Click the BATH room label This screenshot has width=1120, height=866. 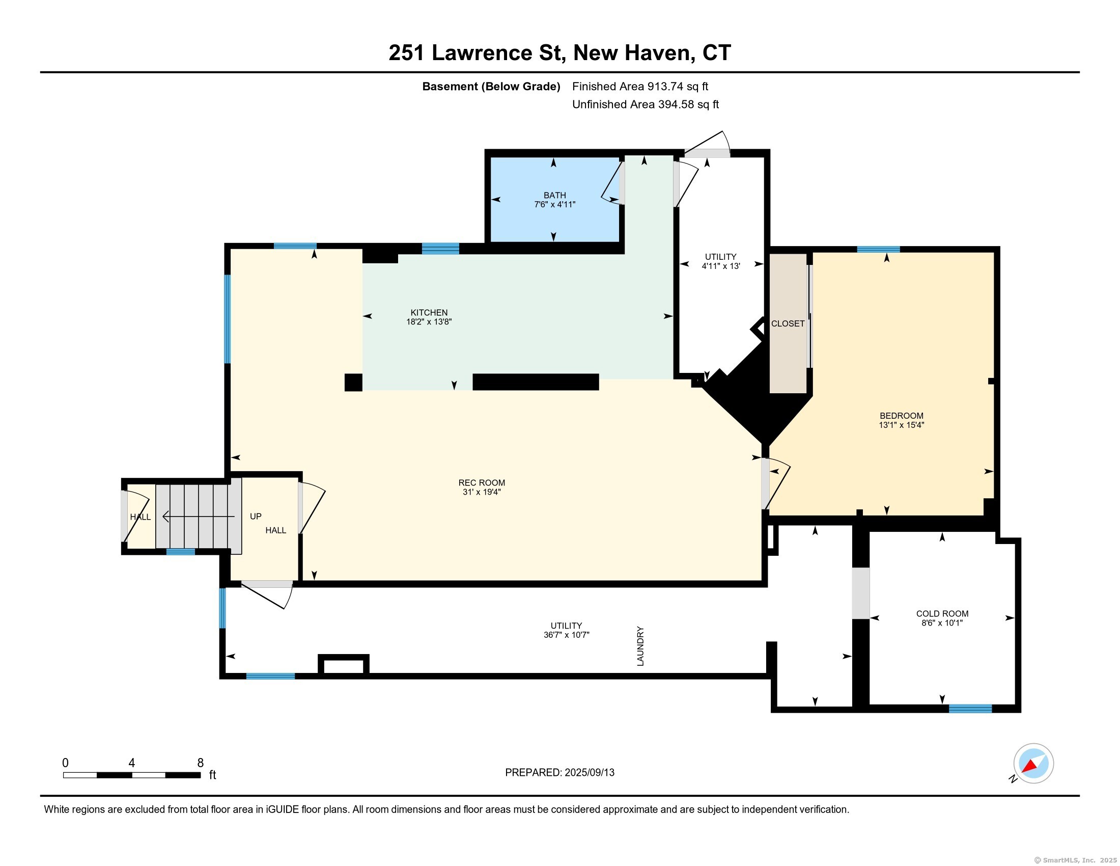pos(555,196)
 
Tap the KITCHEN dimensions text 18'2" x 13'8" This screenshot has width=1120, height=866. pos(429,322)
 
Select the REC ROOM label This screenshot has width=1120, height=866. pos(482,483)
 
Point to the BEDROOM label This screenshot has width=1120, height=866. pos(902,416)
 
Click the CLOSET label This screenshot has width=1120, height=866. pos(788,323)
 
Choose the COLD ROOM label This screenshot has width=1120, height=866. pos(942,614)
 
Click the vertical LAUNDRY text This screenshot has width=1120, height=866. pos(640,646)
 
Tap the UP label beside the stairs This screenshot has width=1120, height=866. pos(256,517)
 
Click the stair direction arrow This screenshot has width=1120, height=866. pos(199,517)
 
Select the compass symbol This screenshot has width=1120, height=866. pos(1033,764)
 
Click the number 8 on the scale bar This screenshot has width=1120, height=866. pos(201,763)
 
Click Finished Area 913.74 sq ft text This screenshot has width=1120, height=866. pos(640,87)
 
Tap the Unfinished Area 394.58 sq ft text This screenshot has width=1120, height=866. pos(645,104)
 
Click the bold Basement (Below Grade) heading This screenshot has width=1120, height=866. pos(491,87)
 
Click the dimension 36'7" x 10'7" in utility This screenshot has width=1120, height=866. pos(566,635)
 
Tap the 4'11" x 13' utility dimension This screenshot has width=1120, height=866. pos(720,266)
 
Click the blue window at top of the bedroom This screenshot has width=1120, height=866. pos(879,249)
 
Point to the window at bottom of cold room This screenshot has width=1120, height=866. pos(970,709)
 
